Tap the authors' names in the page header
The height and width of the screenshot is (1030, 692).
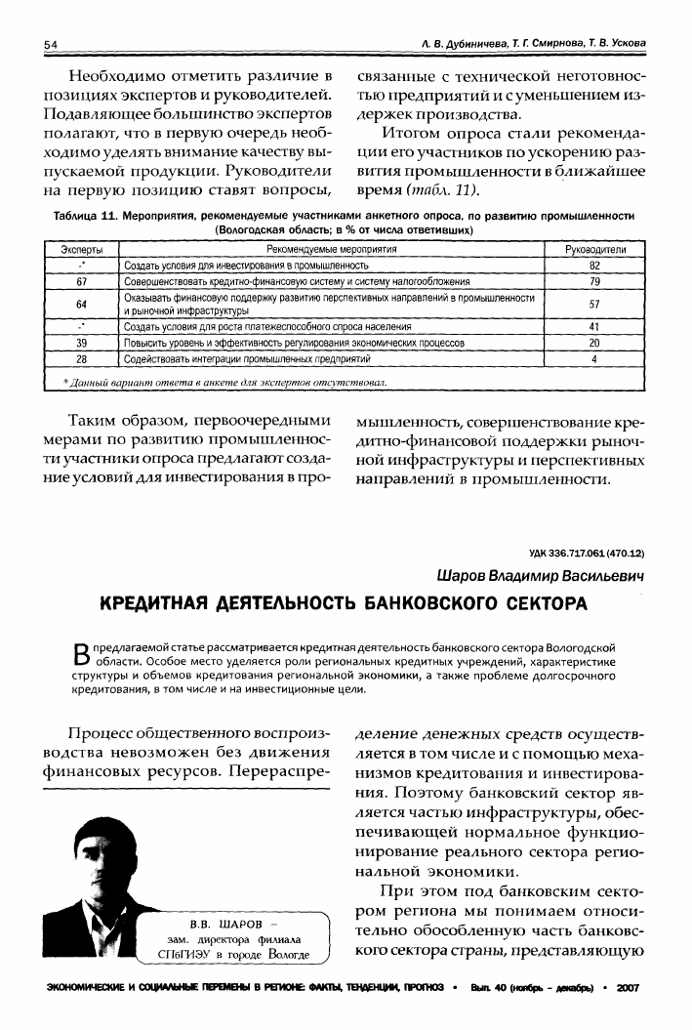click(x=533, y=45)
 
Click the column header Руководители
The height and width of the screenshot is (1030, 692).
click(x=594, y=251)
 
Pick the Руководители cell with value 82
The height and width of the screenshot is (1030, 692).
click(x=594, y=266)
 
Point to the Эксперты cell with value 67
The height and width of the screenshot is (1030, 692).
click(x=82, y=281)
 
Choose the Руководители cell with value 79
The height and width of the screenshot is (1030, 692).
click(x=594, y=281)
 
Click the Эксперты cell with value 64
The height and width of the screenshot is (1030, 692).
click(x=82, y=304)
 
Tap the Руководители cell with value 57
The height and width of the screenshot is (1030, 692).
click(x=594, y=304)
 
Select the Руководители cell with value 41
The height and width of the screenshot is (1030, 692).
click(x=594, y=327)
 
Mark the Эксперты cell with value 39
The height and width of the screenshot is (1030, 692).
click(x=82, y=343)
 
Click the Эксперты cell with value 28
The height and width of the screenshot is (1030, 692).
click(x=82, y=358)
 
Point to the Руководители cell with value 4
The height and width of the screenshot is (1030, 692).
click(x=594, y=358)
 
